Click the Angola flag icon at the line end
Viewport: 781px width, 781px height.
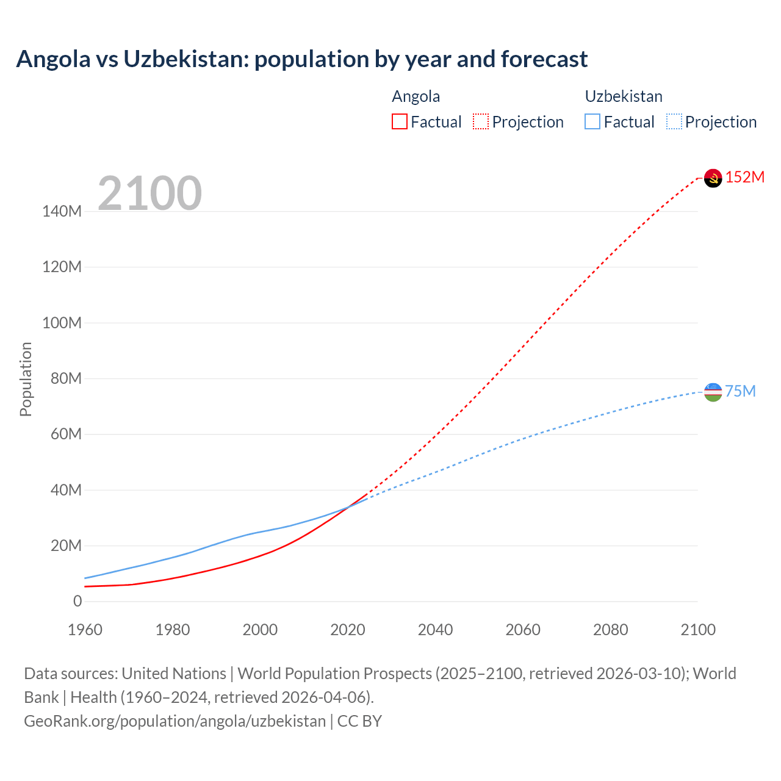(713, 178)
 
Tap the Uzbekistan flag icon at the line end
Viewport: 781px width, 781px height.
(713, 392)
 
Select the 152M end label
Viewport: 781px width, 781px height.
(745, 177)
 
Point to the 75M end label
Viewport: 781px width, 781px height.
(741, 391)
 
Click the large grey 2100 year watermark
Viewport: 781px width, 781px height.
(149, 193)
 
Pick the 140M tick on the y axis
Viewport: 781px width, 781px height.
(62, 212)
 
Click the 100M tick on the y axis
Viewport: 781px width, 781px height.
(62, 323)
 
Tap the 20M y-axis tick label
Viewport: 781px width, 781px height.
(65, 545)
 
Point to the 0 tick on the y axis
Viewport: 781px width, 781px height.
(77, 601)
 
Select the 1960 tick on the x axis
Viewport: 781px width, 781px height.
(85, 630)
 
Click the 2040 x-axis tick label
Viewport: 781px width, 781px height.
(435, 630)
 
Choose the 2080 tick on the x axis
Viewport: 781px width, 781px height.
(610, 630)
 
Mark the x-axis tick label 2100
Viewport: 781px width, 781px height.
(698, 630)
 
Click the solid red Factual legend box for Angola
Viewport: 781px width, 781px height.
(399, 121)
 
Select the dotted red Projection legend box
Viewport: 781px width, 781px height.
(481, 121)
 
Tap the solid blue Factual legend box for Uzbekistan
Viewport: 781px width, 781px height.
(592, 121)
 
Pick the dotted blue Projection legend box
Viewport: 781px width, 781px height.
(674, 121)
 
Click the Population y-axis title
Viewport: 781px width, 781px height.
(26, 379)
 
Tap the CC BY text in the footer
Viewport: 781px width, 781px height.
(359, 721)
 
